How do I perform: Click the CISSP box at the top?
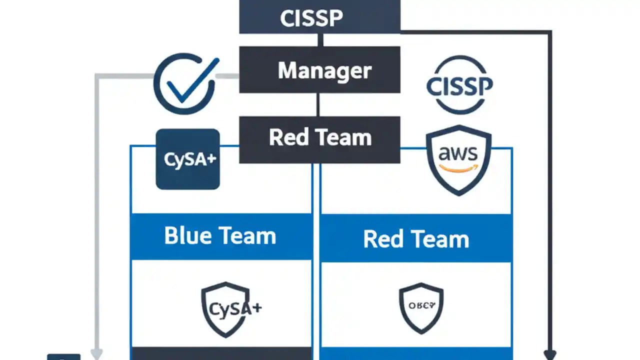tap(319, 17)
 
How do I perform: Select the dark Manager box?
tap(319, 70)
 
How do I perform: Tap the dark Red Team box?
tap(319, 139)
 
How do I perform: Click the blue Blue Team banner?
tap(220, 236)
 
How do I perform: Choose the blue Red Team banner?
tap(416, 239)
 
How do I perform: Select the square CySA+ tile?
tap(188, 159)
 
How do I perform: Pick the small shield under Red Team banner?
tap(421, 307)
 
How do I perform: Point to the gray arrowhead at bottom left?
tap(96, 354)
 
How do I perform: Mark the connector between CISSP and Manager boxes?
tap(319, 40)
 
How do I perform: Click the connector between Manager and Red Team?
tap(318, 104)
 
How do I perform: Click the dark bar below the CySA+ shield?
tap(220, 353)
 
